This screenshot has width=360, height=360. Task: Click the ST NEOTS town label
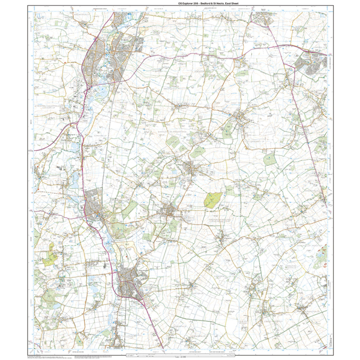124,39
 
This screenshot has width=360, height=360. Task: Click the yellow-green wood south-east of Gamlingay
213,200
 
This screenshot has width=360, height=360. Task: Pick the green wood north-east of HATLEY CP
270,159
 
